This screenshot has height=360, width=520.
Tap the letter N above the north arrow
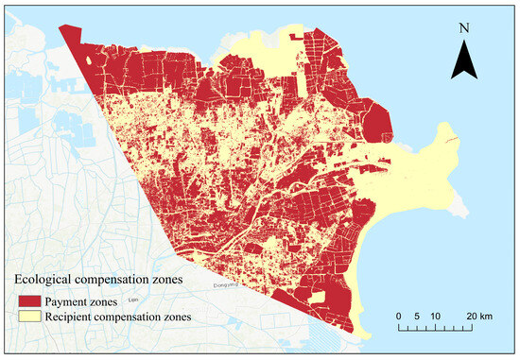pyautogui.click(x=462, y=28)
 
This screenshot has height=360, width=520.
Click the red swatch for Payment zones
pyautogui.click(x=26, y=301)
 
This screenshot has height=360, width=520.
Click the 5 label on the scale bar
pyautogui.click(x=417, y=315)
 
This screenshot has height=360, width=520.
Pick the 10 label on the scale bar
pyautogui.click(x=436, y=315)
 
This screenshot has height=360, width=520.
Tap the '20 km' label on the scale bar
pyautogui.click(x=478, y=315)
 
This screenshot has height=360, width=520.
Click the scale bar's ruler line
pyautogui.click(x=435, y=328)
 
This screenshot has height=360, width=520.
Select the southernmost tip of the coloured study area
pyautogui.click(x=361, y=332)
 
